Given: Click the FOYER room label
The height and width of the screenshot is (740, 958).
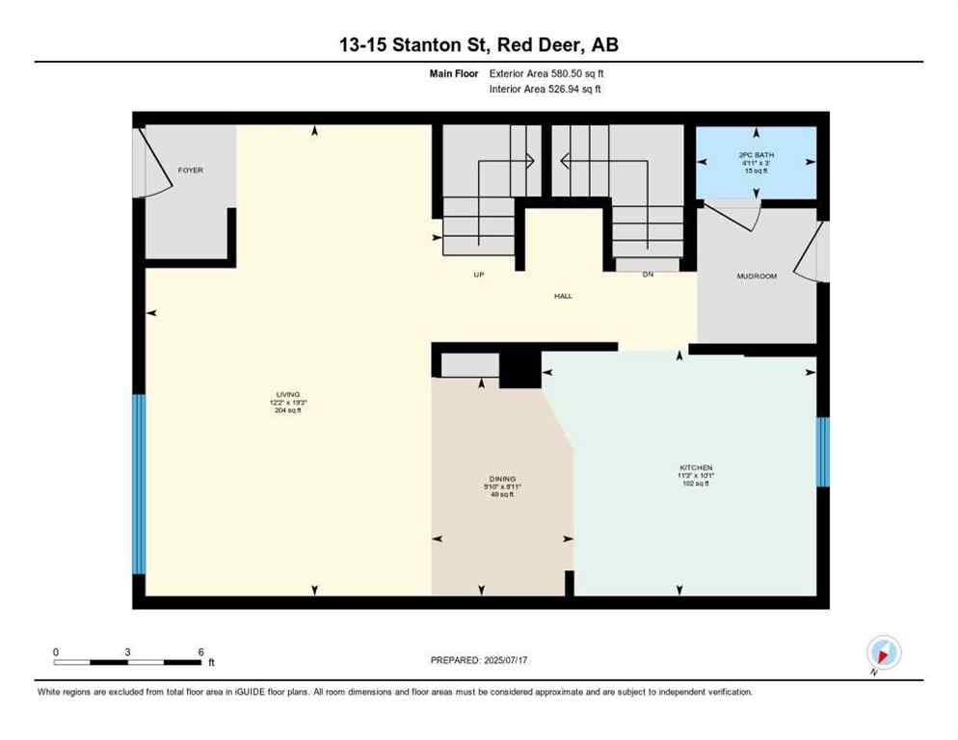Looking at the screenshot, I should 191,171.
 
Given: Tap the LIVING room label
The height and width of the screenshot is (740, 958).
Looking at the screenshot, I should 288,394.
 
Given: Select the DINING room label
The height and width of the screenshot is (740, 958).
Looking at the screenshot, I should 502,479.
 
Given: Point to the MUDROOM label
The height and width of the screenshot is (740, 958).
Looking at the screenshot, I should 757,276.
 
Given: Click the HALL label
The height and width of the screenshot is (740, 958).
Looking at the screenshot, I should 563,296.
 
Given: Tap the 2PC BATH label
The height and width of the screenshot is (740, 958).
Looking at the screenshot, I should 757,155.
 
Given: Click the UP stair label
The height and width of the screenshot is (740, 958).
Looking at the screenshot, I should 478,275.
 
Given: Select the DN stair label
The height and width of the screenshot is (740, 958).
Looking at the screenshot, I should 649,275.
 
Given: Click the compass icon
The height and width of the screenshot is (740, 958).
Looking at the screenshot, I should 883,652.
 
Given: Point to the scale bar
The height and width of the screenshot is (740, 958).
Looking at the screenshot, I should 128,662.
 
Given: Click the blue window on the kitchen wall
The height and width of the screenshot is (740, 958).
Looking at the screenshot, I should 822,451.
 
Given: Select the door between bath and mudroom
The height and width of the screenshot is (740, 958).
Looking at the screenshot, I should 734,216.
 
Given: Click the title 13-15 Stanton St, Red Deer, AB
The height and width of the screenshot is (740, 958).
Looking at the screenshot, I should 478,45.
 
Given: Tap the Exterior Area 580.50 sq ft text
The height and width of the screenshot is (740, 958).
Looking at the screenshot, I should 546,73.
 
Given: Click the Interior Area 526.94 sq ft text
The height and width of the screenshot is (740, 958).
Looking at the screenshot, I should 546,89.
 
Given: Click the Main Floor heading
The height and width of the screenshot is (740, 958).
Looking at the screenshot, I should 455,73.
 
